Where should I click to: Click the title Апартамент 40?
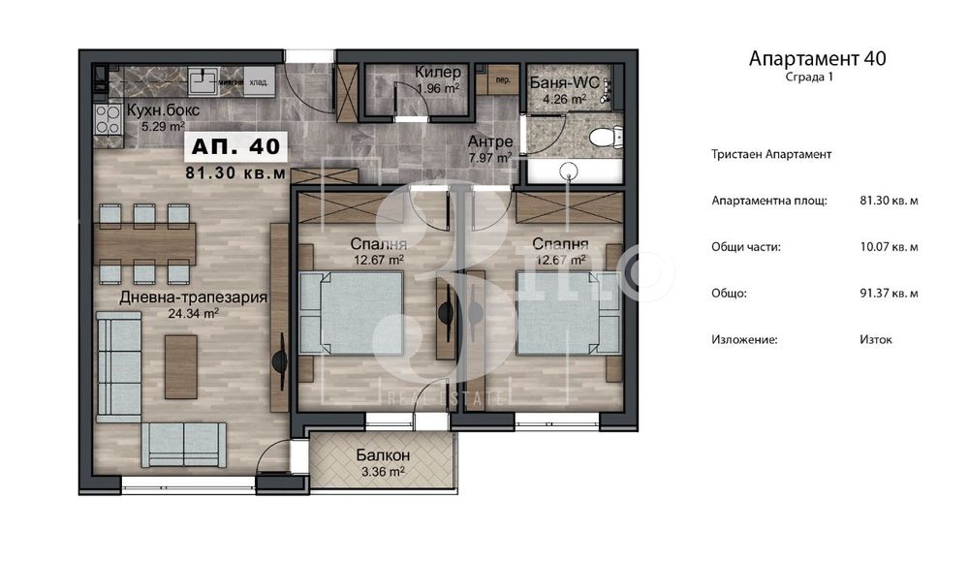[x=817, y=58]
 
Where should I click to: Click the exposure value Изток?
[x=875, y=339]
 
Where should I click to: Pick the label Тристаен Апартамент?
[x=771, y=154]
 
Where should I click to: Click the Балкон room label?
[x=382, y=455]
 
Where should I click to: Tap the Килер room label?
[x=437, y=73]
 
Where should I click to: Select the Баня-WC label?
[x=563, y=82]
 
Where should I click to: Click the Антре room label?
[x=489, y=141]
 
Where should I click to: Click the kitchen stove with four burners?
[x=107, y=120]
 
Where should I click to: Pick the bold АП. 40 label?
[x=236, y=146]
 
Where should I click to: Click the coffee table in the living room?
[x=180, y=366]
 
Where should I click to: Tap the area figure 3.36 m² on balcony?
[x=381, y=472]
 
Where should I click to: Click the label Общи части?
[x=746, y=247]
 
